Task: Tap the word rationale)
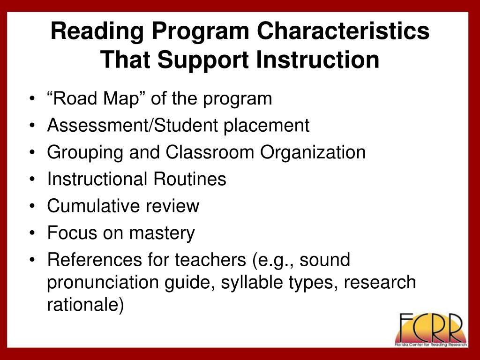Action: click(x=86, y=305)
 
